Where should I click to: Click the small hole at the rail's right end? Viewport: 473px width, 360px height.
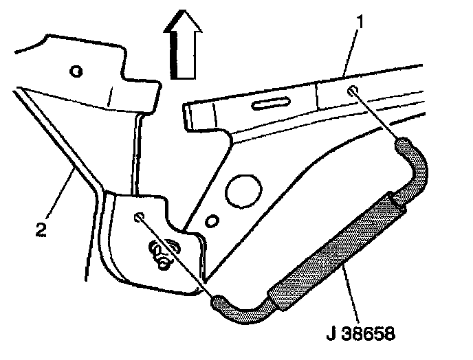point(353,91)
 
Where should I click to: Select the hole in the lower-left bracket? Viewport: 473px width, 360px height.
point(139,218)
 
